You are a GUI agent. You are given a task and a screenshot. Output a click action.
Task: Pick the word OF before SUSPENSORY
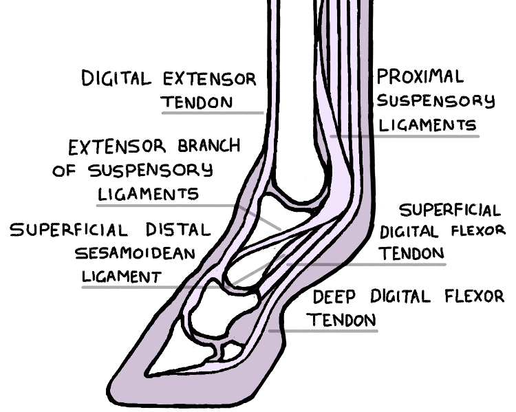(66, 171)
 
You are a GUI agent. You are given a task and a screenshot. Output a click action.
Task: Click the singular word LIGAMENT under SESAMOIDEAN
(122, 277)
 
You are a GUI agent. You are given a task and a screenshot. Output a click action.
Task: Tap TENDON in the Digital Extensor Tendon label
(197, 102)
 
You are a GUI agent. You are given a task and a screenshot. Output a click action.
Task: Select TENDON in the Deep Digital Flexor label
(342, 321)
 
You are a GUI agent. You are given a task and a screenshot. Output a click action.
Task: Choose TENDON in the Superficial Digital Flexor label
(411, 253)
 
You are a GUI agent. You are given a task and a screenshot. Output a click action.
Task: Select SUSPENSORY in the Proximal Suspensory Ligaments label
(436, 100)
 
